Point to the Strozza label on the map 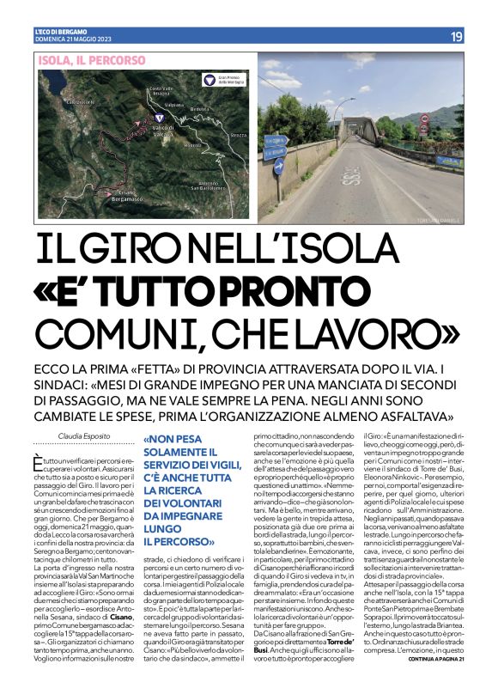coord(238,135)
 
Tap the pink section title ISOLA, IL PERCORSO coord(82,60)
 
